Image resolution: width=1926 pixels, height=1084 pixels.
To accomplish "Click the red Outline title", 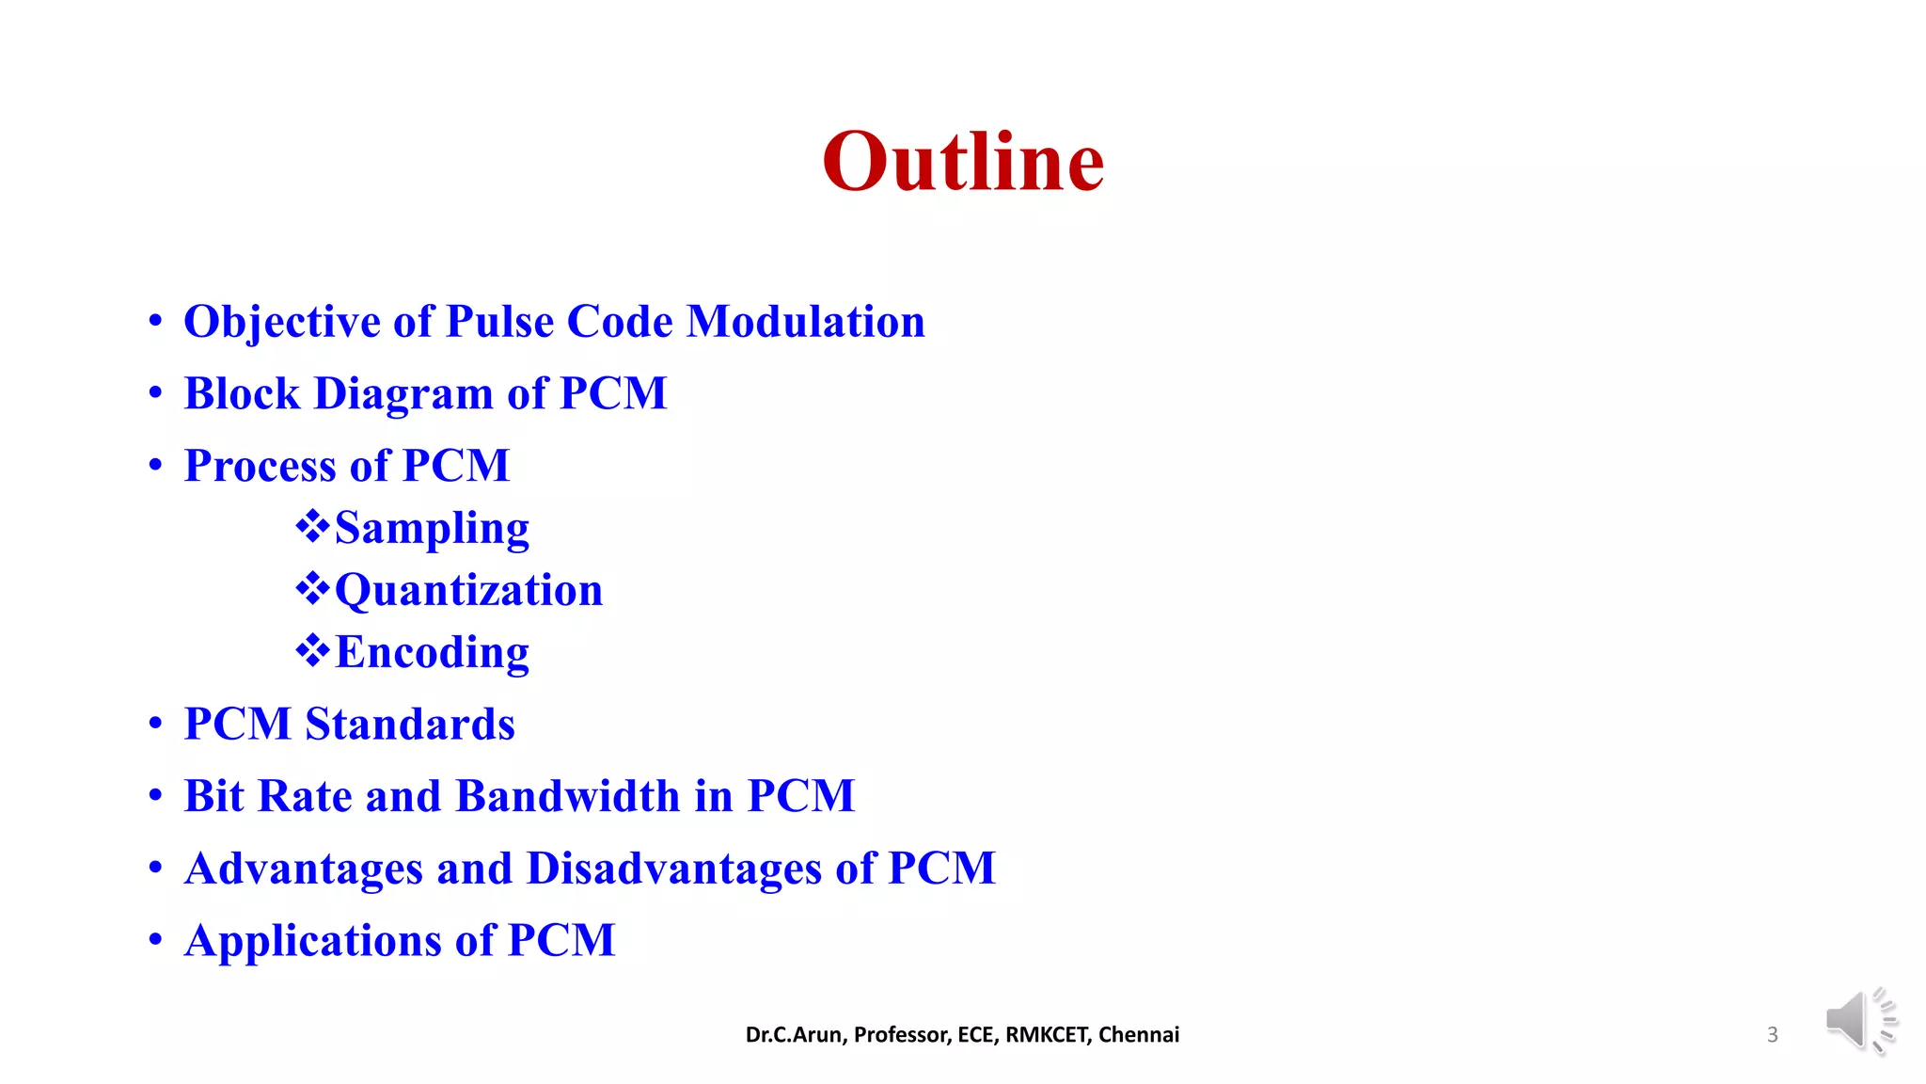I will tap(963, 162).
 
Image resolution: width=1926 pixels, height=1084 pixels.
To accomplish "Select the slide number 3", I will tap(1773, 1035).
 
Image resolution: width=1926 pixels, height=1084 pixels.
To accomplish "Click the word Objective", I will tap(281, 323).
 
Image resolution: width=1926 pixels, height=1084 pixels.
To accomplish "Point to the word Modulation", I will tap(806, 322).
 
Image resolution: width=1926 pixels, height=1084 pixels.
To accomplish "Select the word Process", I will tap(260, 466).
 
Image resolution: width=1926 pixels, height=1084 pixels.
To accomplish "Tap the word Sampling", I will tap(432, 528).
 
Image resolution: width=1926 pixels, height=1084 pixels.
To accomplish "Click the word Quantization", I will tap(468, 591).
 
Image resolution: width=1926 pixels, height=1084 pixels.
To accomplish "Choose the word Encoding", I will tap(432, 653).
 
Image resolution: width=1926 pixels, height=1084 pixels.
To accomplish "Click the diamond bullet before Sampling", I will tap(312, 527).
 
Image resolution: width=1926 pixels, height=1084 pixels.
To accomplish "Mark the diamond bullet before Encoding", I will tap(312, 651).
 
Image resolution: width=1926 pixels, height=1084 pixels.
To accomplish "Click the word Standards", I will tap(410, 725).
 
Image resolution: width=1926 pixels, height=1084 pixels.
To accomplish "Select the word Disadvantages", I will tap(673, 869).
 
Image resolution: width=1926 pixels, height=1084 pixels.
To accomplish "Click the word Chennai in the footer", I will tap(1139, 1035).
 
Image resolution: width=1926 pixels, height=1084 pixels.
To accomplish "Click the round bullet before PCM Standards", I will tap(155, 725).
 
